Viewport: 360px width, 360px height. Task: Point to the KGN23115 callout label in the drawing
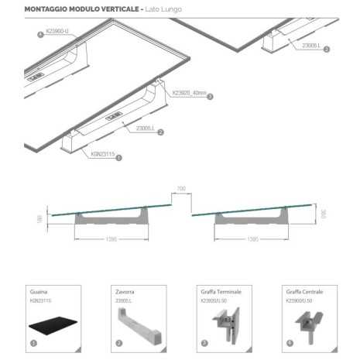102,154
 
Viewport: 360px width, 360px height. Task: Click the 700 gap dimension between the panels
181,188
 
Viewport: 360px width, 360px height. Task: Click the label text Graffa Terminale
221,291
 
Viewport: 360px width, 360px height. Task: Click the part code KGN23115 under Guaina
39,299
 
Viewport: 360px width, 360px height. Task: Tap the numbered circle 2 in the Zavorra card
118,342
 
